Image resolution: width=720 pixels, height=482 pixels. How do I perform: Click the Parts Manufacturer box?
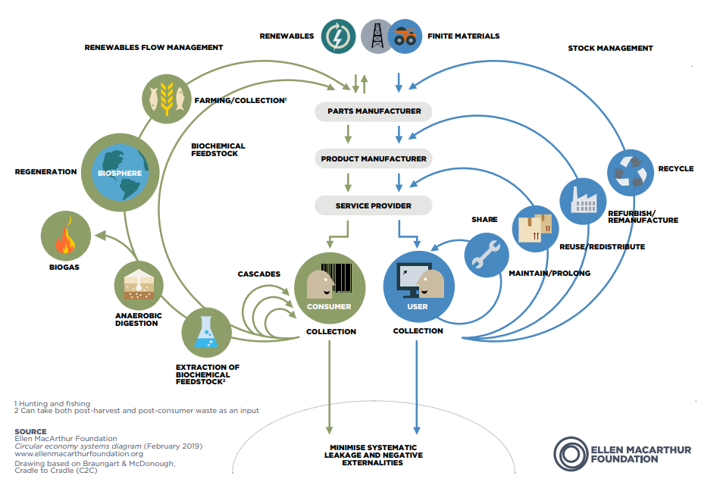coord(374,111)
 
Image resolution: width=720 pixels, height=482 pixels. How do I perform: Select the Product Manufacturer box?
coord(374,159)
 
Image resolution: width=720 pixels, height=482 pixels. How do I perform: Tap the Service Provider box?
coord(374,205)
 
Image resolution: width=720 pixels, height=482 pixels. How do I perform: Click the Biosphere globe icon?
coord(121,172)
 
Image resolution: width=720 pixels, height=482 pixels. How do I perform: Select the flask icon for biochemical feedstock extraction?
coord(206,332)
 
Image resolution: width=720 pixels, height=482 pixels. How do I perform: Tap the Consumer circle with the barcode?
coord(329,287)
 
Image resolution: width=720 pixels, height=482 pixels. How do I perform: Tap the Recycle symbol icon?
coord(631,171)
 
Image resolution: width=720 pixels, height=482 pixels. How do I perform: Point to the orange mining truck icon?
coord(405,36)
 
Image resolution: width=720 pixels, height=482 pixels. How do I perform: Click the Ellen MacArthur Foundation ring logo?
coord(570,452)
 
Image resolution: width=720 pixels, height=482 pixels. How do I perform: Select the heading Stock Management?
coord(610,49)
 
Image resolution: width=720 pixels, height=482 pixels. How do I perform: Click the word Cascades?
coord(259,274)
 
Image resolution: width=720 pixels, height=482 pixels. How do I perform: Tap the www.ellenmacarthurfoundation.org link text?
coord(67,453)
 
